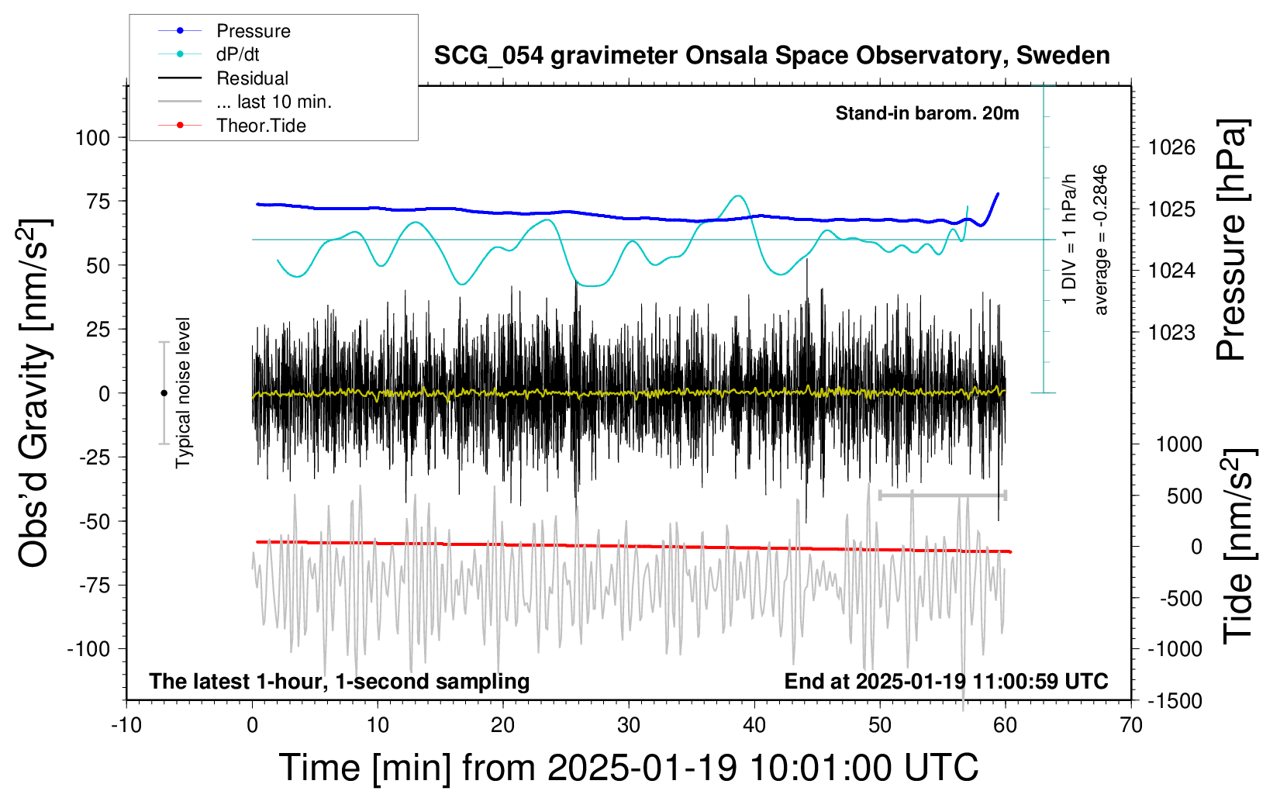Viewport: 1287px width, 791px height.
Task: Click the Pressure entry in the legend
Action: click(x=253, y=31)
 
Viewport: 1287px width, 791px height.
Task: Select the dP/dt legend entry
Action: click(x=237, y=54)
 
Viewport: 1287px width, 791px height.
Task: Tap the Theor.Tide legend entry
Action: click(x=261, y=126)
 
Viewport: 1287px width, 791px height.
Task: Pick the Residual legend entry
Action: click(x=252, y=78)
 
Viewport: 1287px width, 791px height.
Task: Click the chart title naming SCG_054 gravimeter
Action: click(x=771, y=56)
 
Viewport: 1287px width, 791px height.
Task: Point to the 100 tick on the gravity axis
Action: click(x=93, y=138)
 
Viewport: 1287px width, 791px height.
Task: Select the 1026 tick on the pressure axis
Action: click(x=1171, y=147)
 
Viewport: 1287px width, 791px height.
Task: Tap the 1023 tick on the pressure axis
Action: click(x=1171, y=333)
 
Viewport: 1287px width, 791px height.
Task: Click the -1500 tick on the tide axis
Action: click(x=1174, y=701)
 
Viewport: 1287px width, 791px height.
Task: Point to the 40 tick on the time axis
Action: click(x=754, y=725)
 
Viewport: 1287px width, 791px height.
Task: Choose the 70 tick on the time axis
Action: click(x=1131, y=725)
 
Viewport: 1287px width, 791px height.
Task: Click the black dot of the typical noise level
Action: click(x=164, y=393)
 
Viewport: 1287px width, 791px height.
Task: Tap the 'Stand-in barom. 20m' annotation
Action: click(x=927, y=113)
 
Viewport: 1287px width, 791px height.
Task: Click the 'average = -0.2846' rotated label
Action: click(x=1100, y=240)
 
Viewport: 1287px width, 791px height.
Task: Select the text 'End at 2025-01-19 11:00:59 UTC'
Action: click(x=946, y=682)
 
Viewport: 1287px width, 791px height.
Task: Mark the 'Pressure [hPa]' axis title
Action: click(x=1231, y=240)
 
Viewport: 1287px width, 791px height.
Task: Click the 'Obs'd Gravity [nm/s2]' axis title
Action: click(x=35, y=393)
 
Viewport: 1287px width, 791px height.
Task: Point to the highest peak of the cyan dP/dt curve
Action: click(x=737, y=196)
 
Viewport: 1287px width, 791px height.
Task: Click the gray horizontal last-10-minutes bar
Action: click(x=942, y=495)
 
